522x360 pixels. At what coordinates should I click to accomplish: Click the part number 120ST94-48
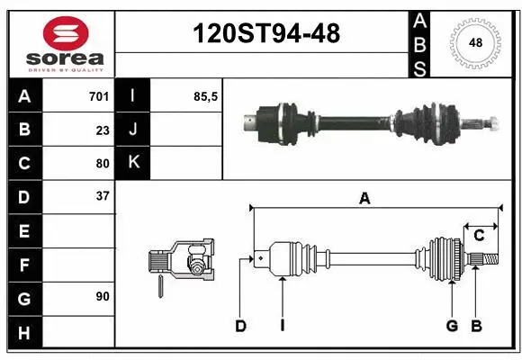coord(267,33)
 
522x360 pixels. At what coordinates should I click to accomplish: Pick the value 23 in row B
coord(102,130)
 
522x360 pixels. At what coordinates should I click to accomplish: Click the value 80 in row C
coord(102,164)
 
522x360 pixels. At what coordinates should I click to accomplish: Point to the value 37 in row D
coord(102,195)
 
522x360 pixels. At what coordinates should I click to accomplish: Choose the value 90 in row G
coord(102,296)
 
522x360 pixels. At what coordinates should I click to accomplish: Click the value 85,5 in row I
coord(206,95)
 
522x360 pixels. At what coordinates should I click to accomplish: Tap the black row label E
coord(24,232)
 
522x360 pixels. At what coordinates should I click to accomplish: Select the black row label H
coord(24,333)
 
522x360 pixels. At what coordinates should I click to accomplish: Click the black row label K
coord(133,163)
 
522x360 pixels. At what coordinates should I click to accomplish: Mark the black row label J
coord(133,130)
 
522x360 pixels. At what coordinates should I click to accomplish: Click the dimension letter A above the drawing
coord(364,198)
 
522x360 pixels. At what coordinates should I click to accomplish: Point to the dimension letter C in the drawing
coord(479,235)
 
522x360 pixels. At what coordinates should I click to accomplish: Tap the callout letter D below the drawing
coord(240,326)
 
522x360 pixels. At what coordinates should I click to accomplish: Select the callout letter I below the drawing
coord(282,326)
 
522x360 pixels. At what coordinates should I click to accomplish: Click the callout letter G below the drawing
coord(452,326)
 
